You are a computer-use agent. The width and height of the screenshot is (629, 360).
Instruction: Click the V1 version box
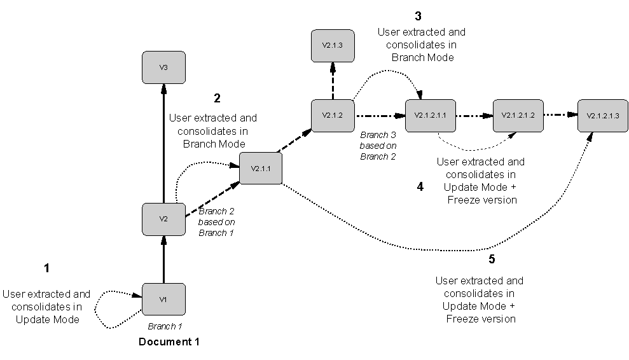163,300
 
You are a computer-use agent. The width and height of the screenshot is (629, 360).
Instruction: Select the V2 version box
163,219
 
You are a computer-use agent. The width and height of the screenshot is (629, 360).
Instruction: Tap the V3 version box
163,67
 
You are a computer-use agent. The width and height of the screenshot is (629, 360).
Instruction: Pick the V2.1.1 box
261,169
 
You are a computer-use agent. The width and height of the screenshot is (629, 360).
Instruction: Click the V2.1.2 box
333,116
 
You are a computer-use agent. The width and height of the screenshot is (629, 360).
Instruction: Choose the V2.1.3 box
333,46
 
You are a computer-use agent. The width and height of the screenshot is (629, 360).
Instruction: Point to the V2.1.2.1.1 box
431,116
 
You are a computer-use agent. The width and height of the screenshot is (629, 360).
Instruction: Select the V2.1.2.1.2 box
518,116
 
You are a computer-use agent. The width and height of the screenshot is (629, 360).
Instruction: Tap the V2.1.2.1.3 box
603,116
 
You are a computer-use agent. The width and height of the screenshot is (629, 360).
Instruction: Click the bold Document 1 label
169,342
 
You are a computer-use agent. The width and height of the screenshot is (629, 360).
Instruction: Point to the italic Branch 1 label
165,326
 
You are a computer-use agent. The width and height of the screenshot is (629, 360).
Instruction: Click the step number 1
46,268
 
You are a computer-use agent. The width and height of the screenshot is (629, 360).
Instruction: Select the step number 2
217,99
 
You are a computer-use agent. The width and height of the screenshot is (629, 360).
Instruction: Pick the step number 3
418,16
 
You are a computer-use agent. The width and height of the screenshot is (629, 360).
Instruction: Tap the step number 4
420,186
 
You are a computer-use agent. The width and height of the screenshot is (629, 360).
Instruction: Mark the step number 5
492,260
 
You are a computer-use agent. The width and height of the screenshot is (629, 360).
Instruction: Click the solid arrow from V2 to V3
163,144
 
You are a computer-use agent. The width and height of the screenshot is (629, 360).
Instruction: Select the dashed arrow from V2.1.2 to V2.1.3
333,81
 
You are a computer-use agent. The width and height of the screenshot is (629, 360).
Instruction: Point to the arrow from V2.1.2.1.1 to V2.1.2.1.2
474,116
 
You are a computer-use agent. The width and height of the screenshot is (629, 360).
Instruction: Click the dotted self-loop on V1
95,310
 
